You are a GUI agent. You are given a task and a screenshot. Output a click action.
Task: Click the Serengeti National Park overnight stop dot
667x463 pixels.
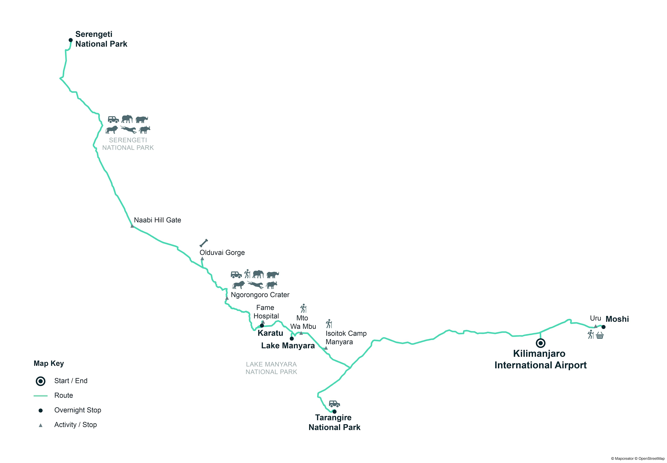tap(70, 40)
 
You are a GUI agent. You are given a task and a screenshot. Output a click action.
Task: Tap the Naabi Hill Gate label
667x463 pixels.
tap(157, 220)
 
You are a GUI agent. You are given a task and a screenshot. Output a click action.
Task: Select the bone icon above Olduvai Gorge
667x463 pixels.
tap(204, 243)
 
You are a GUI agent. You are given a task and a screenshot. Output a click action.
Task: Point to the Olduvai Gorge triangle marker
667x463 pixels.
tap(202, 258)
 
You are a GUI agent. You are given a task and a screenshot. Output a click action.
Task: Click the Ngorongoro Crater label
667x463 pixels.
tap(260, 295)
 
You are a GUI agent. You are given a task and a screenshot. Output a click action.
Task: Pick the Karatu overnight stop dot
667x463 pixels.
tap(262, 325)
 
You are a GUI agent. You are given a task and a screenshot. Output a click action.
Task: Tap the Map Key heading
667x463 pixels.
tap(49, 364)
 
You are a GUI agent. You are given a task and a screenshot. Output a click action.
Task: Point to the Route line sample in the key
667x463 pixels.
tap(41, 396)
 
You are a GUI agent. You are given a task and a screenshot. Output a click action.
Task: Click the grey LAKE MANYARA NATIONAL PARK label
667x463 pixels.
tap(271, 368)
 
